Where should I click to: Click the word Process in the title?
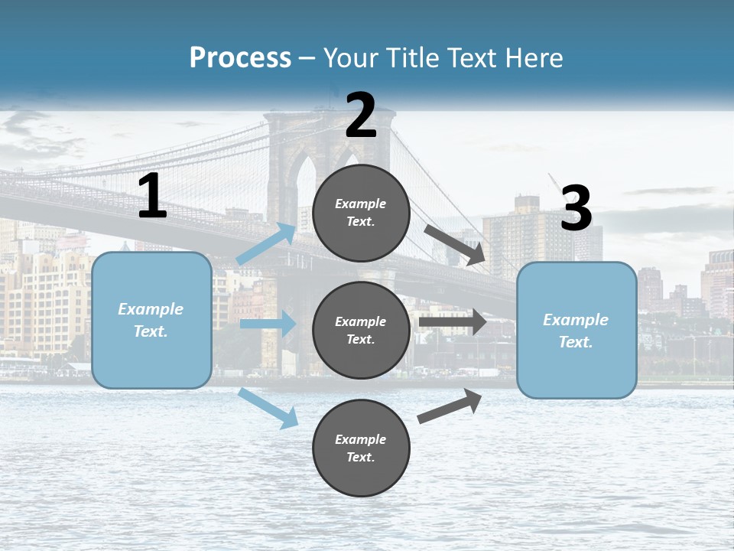pyautogui.click(x=240, y=58)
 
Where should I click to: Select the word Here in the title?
pyautogui.click(x=533, y=58)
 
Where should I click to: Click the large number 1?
pyautogui.click(x=152, y=197)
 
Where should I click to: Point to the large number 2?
pyautogui.click(x=361, y=116)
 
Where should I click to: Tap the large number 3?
pyautogui.click(x=576, y=208)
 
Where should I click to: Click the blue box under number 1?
pyautogui.click(x=151, y=320)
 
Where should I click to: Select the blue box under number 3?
pyautogui.click(x=576, y=330)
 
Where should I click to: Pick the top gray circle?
pyautogui.click(x=361, y=213)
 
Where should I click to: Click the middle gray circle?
pyautogui.click(x=361, y=330)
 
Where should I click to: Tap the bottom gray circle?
pyautogui.click(x=361, y=448)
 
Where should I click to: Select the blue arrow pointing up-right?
pyautogui.click(x=266, y=244)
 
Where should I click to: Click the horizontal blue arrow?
pyautogui.click(x=268, y=324)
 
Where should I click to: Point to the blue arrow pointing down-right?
pyautogui.click(x=268, y=409)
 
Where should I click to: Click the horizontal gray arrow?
pyautogui.click(x=452, y=322)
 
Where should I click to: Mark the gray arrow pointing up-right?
pyautogui.click(x=450, y=406)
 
